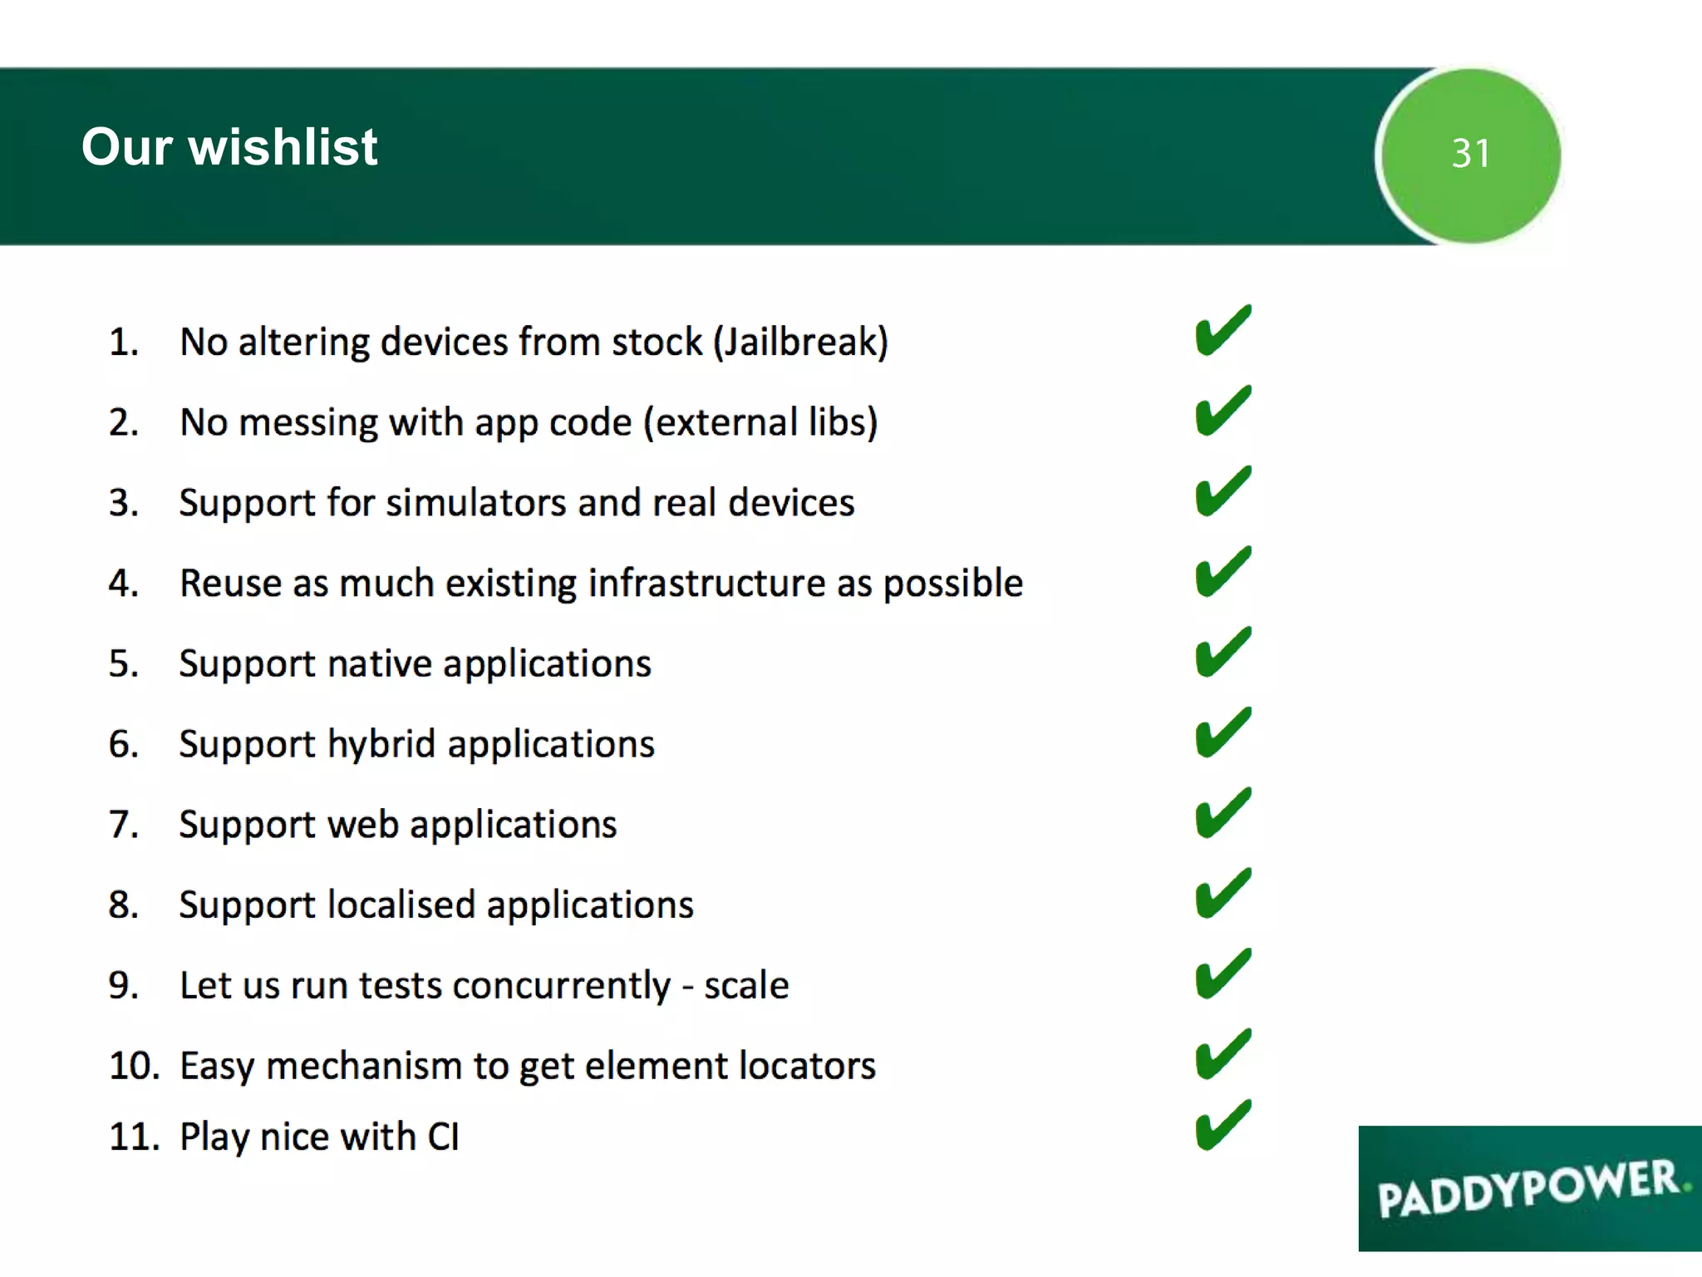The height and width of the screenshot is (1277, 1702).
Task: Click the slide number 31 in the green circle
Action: point(1470,154)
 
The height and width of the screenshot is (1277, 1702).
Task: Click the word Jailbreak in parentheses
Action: point(800,343)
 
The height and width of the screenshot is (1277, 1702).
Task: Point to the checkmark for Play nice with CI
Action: point(1222,1127)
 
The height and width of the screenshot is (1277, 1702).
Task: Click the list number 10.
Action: point(134,1066)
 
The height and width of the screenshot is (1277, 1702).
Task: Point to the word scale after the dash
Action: point(745,986)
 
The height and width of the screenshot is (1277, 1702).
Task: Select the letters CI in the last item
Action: point(443,1136)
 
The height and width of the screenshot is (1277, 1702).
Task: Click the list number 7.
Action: point(123,825)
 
